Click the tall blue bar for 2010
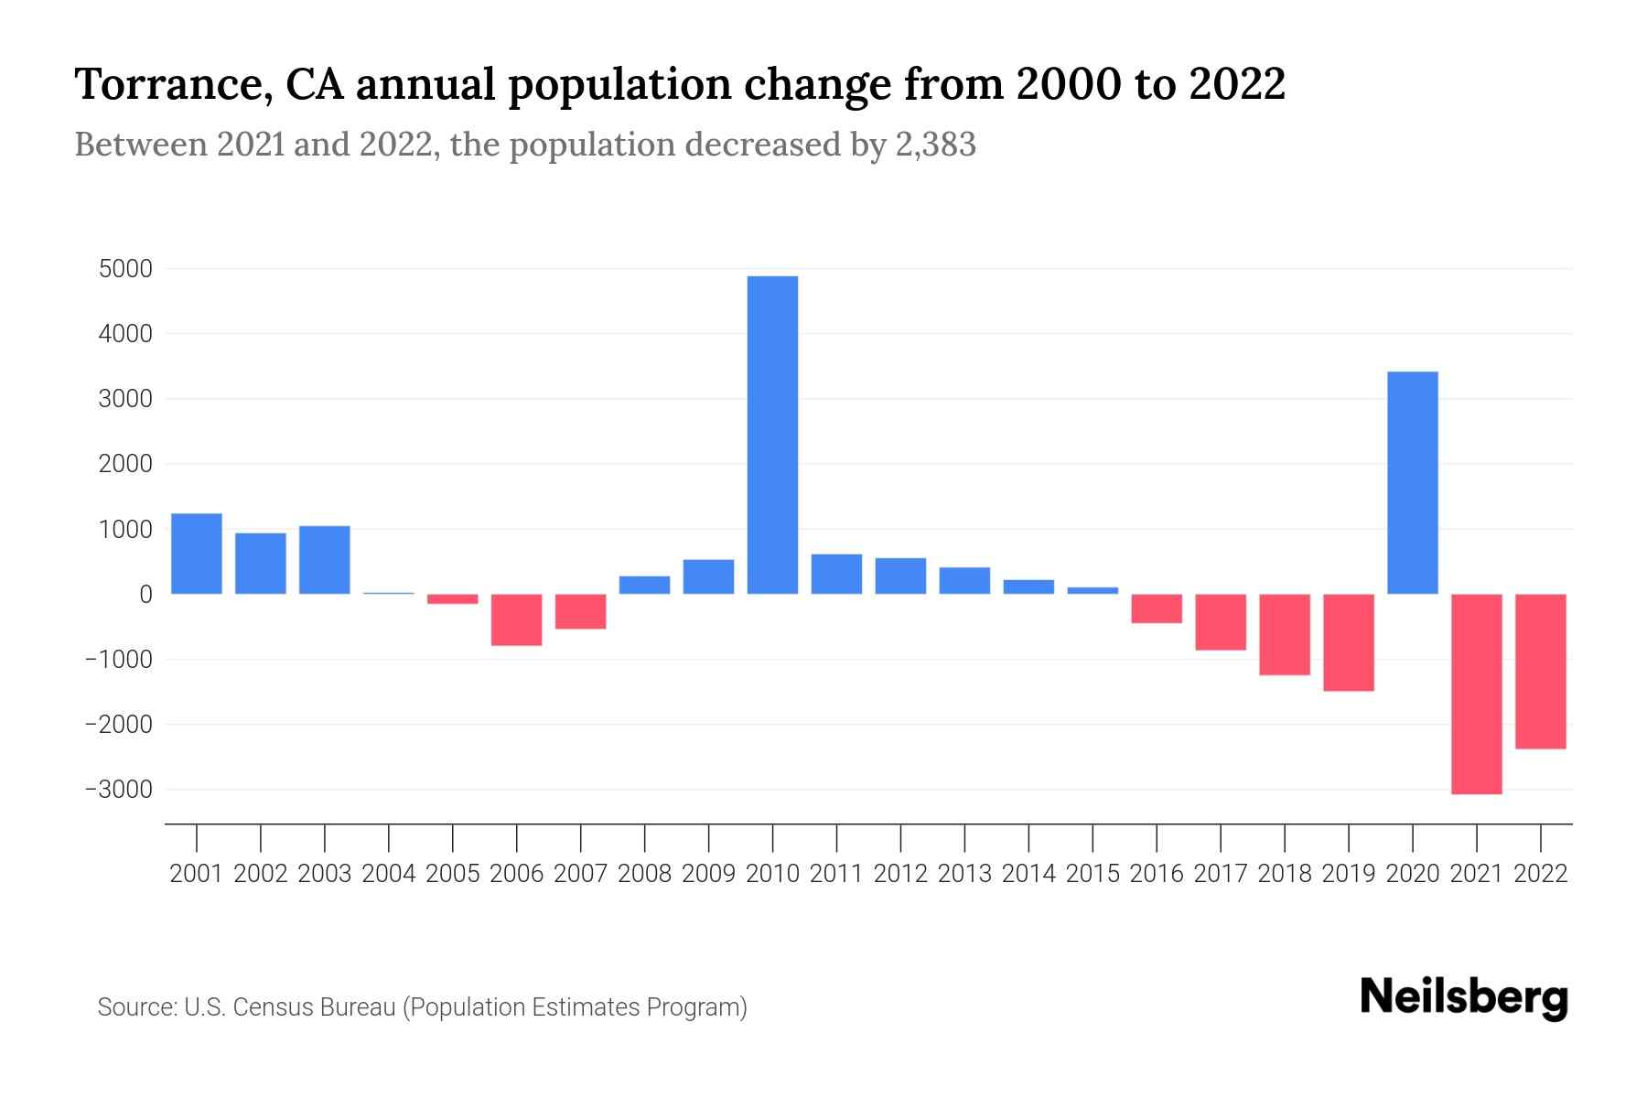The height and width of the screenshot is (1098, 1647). (772, 435)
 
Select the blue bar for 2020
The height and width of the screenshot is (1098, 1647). (1413, 482)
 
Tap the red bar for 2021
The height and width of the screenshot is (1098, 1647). (1477, 694)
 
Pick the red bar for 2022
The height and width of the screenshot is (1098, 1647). (1541, 671)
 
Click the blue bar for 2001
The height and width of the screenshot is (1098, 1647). (197, 554)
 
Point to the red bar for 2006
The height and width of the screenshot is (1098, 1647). (517, 619)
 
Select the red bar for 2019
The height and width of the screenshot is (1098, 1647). (1349, 642)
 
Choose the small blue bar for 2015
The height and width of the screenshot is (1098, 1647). (1093, 590)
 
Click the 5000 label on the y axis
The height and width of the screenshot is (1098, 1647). (127, 269)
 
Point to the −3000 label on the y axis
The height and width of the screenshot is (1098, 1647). (120, 790)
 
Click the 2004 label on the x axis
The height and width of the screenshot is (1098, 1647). (389, 874)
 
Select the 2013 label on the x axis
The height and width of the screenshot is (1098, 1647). (964, 874)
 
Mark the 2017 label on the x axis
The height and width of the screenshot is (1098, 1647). (1221, 874)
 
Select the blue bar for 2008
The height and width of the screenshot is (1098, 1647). (645, 585)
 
